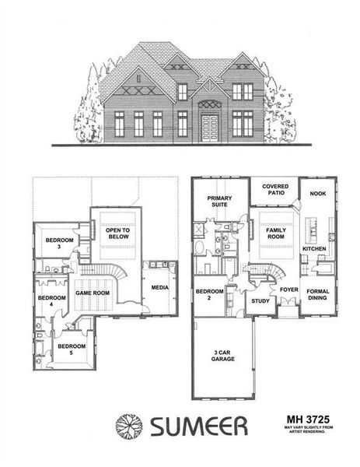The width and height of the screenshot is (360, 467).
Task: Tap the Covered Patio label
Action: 275,190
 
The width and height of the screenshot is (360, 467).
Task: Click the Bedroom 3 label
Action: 59,243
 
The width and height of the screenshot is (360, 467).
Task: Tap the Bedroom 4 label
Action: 52,300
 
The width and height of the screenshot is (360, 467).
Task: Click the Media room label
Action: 160,287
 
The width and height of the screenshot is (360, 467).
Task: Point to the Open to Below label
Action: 117,234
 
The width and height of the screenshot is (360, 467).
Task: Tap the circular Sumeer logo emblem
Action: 130,426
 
